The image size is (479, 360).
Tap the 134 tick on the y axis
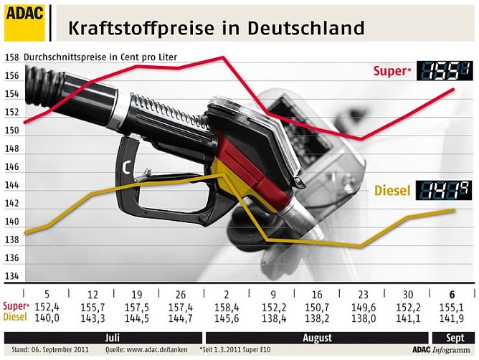point(11,276)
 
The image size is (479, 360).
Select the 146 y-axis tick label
point(11,166)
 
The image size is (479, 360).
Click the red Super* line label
point(392,71)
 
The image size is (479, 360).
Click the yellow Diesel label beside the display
point(392,191)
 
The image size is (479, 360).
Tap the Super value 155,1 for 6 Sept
point(451,306)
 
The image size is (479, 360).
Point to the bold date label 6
point(451,295)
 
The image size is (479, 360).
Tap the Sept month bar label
point(450,337)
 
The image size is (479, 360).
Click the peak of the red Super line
point(224,57)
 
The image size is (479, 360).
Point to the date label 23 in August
point(362,295)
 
